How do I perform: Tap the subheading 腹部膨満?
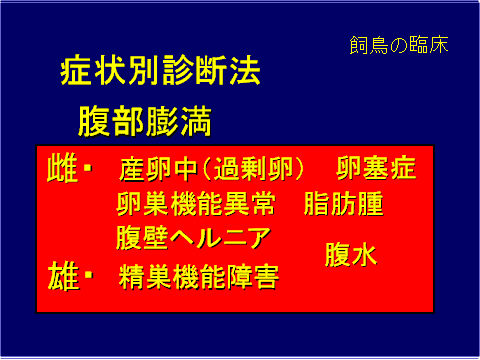pos(145,121)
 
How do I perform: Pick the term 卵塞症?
pos(375,167)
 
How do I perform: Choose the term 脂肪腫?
pos(343,203)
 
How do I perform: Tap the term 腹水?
pos(350,255)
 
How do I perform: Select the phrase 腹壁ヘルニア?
pos(193,238)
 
